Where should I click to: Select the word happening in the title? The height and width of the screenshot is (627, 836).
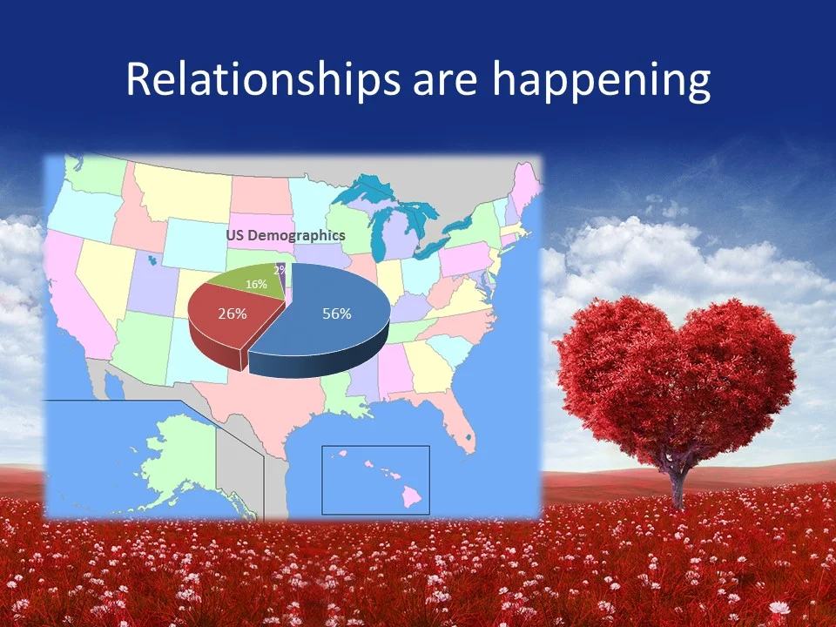(602, 80)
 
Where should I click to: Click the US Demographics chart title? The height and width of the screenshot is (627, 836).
(286, 235)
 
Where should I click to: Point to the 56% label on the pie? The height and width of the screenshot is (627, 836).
(337, 313)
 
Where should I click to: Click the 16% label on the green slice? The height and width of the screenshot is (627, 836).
(256, 284)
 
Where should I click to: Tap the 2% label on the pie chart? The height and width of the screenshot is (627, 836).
(280, 271)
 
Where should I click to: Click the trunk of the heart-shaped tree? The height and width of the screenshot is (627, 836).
(678, 483)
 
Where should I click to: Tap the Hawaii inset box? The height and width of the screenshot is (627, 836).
(375, 479)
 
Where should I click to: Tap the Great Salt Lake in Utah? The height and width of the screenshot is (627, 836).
(153, 259)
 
